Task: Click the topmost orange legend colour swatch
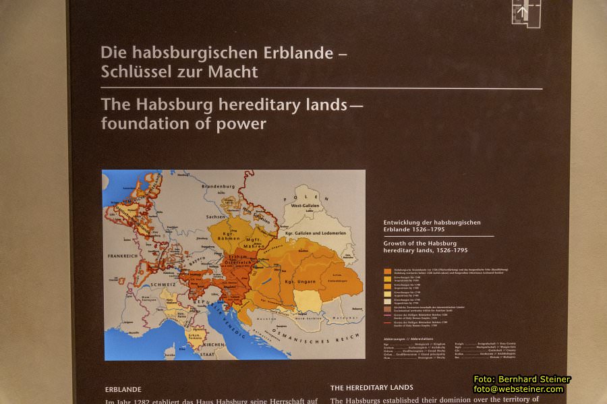tap(388, 271)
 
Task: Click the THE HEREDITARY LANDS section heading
tap(372, 388)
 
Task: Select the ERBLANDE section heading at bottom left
tap(123, 389)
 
